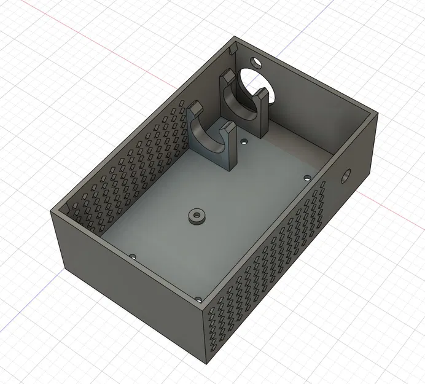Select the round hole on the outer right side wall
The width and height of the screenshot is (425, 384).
pyautogui.click(x=345, y=177)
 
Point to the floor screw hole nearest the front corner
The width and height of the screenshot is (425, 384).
pyautogui.click(x=198, y=299)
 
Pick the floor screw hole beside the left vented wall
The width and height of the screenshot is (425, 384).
pyautogui.click(x=132, y=257)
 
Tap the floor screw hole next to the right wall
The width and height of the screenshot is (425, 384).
pyautogui.click(x=308, y=178)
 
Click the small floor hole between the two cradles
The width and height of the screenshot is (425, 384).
pyautogui.click(x=244, y=141)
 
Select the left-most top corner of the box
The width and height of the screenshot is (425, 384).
pyautogui.click(x=52, y=211)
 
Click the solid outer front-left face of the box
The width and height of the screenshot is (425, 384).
pyautogui.click(x=129, y=283)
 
